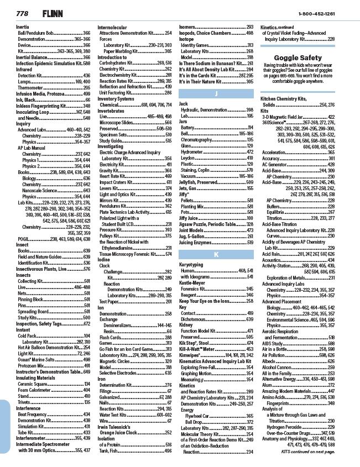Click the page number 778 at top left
[x=22, y=13]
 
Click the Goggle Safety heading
[x=298, y=57]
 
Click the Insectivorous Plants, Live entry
[x=53, y=269]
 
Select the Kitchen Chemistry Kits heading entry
[x=290, y=98]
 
